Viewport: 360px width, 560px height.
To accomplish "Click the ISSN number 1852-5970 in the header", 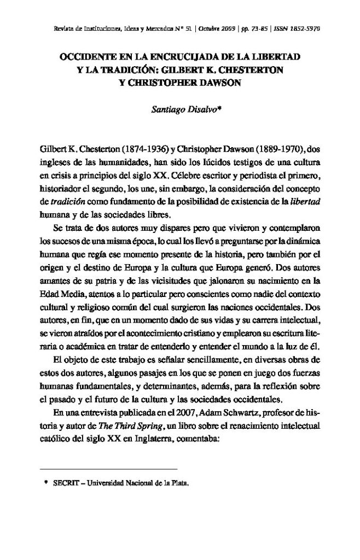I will coord(301,28).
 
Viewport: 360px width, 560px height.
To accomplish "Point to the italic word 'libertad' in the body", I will coord(304,202).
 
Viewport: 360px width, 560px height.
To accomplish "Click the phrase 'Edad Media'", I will coord(60,294).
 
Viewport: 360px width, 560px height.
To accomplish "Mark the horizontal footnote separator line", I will coord(109,469).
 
